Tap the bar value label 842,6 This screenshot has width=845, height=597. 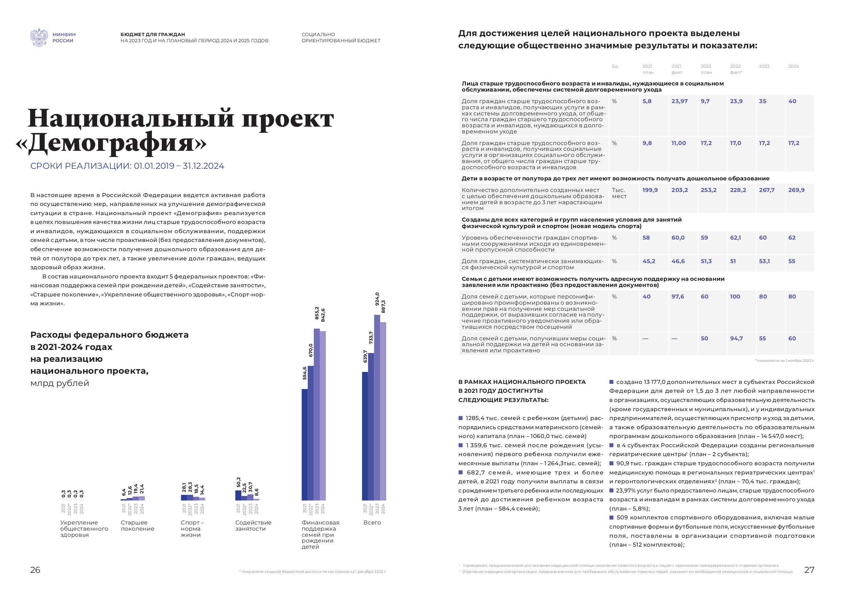pos(323,315)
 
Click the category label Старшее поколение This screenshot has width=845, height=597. pos(137,525)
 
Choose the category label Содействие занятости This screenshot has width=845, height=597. pos(253,525)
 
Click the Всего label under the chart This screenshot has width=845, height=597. pos(372,522)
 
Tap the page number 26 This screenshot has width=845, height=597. pos(35,570)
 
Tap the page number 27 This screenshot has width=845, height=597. pos(809,570)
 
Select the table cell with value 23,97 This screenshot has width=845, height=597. pos(679,101)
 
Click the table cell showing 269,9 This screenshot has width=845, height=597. pos(796,190)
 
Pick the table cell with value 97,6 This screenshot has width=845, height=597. pos(677,296)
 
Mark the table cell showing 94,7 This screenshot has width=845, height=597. pos(736,338)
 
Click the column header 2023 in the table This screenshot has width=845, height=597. pos(764,66)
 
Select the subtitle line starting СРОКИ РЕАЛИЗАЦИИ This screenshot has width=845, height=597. pos(127,166)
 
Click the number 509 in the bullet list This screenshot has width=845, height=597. pos(622,518)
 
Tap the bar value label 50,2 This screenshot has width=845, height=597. pos(238,482)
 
